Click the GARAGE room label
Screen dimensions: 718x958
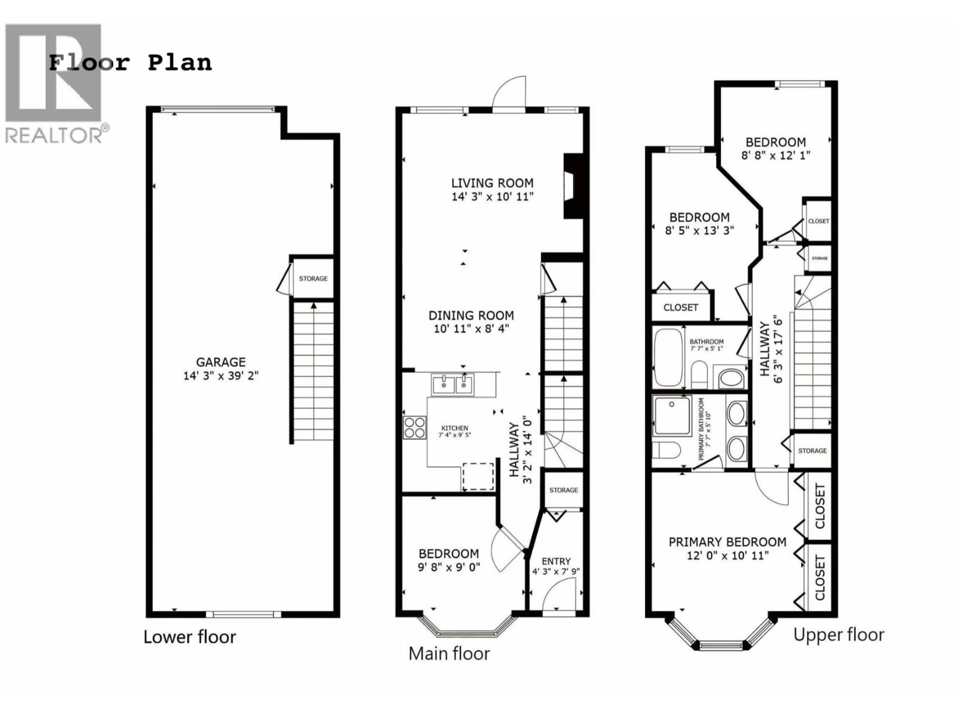(221, 362)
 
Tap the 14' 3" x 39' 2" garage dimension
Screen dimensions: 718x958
(221, 376)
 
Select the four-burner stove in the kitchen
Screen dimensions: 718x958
(414, 428)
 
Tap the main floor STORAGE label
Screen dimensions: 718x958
(564, 490)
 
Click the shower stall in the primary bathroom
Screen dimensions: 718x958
(672, 416)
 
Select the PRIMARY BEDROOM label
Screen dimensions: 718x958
(727, 542)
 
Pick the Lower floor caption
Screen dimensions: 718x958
(190, 637)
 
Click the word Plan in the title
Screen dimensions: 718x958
(180, 63)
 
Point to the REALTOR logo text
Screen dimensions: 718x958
(54, 135)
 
